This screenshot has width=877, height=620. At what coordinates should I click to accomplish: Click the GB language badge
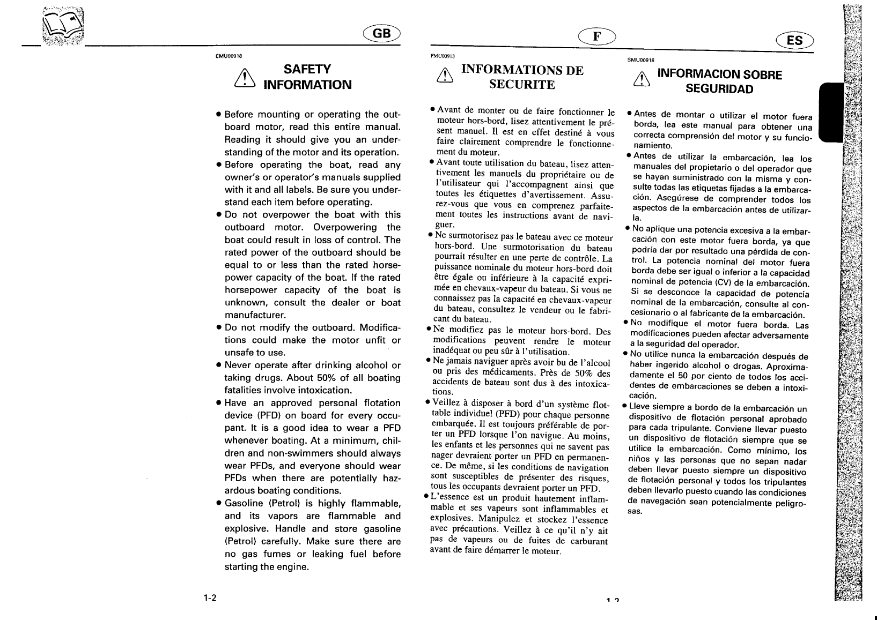pyautogui.click(x=382, y=34)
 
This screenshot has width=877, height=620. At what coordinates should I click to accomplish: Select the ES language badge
pyautogui.click(x=794, y=41)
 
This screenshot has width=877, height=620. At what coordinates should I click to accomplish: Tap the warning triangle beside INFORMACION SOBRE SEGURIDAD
pyautogui.click(x=640, y=80)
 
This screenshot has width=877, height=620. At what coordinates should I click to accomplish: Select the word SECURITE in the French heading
pyautogui.click(x=522, y=85)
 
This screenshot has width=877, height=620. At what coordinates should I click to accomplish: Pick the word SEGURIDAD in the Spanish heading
pyautogui.click(x=719, y=89)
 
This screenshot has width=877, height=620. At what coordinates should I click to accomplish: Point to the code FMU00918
pyautogui.click(x=443, y=55)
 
